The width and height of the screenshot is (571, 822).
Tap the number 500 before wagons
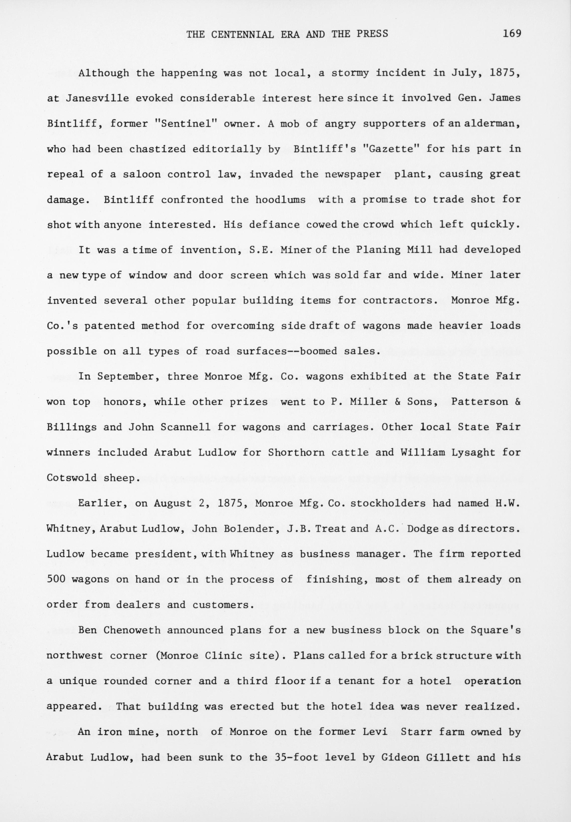pyautogui.click(x=56, y=579)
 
